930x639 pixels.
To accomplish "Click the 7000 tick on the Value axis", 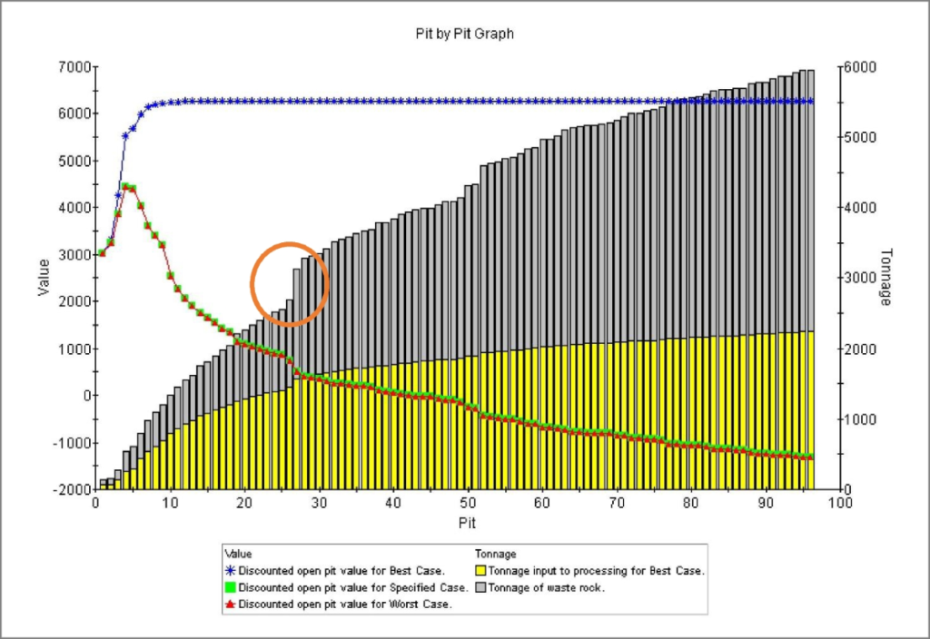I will [71, 67].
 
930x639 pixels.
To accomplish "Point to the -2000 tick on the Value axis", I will [69, 490].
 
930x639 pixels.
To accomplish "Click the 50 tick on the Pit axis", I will [468, 502].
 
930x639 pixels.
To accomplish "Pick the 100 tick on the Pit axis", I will [839, 502].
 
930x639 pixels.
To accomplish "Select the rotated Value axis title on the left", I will [43, 277].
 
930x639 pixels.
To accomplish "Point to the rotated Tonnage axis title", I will [886, 277].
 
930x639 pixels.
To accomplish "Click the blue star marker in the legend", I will [231, 571].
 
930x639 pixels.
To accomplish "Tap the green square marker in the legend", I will [231, 588].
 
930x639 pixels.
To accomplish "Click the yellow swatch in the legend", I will [481, 571].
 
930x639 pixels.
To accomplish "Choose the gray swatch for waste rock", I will [481, 588].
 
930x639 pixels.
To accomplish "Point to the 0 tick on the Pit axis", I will [96, 502].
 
